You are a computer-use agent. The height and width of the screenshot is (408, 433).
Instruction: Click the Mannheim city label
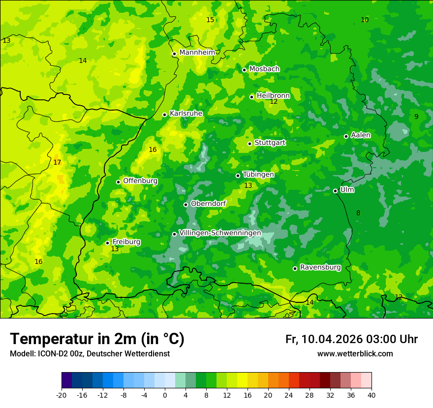coord(197,53)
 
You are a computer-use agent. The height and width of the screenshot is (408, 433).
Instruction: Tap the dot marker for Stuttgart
coord(249,144)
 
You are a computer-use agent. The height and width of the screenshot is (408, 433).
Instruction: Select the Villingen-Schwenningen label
coord(220,233)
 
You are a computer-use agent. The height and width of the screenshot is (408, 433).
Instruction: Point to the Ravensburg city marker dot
coord(295,268)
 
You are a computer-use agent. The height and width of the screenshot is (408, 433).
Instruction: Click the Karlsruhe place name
coord(186,114)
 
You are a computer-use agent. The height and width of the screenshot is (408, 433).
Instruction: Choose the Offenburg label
coord(140,181)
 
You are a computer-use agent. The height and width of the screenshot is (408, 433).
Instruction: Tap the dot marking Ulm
coord(335,191)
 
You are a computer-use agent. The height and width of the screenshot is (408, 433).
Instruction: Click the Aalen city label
coord(361,135)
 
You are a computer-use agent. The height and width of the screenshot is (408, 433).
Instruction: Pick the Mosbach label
coord(264,69)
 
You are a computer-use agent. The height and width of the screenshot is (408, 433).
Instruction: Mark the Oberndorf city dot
coord(186,204)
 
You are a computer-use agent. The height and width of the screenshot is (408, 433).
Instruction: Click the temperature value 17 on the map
coord(57,163)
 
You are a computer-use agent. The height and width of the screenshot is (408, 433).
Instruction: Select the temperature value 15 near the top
coord(210,20)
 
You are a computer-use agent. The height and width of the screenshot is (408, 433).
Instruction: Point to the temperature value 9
coord(416,117)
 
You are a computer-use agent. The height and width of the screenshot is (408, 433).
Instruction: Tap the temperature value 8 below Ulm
coord(358,213)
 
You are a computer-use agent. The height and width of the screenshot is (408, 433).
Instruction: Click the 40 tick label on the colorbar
coord(371,395)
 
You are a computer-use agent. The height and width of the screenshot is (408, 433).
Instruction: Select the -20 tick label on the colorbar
coord(62,395)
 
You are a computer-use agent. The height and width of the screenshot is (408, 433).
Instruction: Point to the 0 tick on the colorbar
coord(165,395)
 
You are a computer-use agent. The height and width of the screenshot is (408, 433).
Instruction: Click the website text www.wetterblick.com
coord(355,354)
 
